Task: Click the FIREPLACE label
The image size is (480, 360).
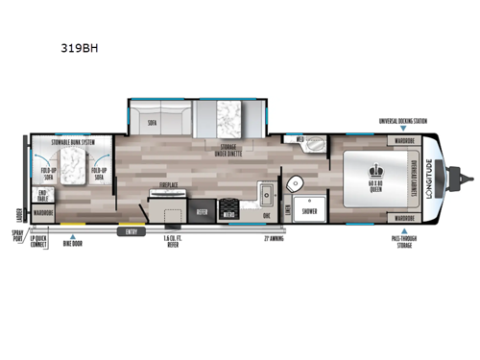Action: [x=171, y=182]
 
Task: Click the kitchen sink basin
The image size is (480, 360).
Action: [x=268, y=197]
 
